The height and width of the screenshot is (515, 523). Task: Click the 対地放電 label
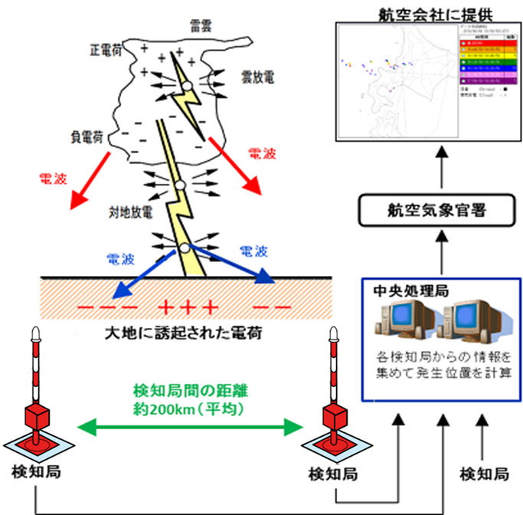130,207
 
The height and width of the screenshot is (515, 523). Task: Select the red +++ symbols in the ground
188,308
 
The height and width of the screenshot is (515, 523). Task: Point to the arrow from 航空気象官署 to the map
441,172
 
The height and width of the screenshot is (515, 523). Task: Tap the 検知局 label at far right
485,473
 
